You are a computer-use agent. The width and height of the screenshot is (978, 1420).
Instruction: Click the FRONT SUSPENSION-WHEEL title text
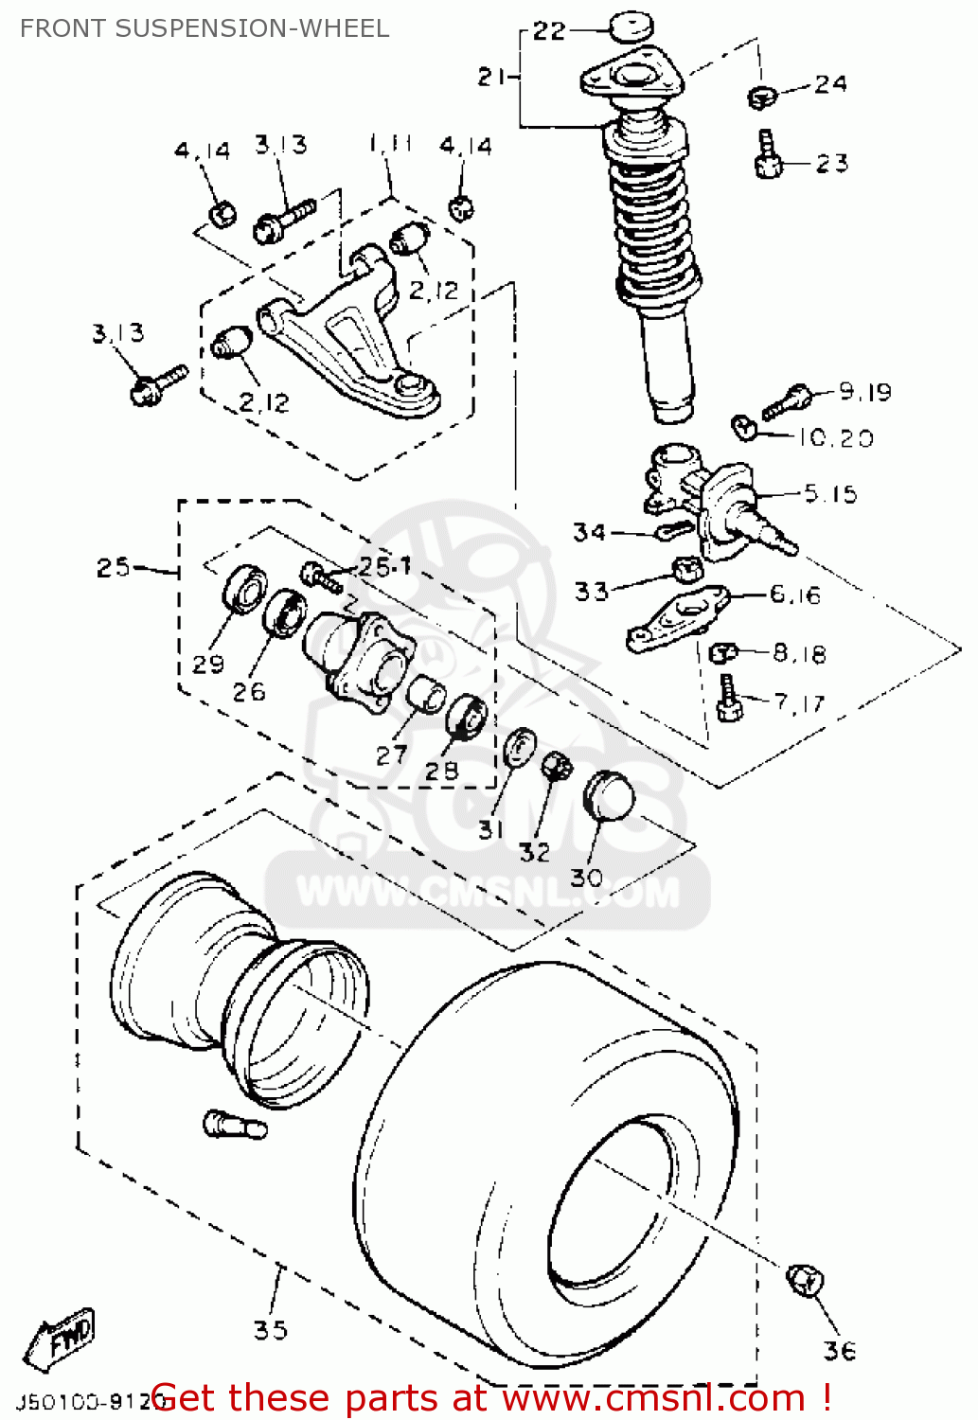coord(204,28)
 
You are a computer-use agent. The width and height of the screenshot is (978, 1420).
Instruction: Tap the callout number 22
coord(549,31)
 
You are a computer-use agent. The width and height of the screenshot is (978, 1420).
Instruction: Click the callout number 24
coord(830,84)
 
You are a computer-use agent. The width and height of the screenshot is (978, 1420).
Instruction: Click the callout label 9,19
coord(864,392)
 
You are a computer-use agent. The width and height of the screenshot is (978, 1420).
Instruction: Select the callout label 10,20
coord(835,437)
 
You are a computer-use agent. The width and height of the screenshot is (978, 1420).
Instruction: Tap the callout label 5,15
coord(829,493)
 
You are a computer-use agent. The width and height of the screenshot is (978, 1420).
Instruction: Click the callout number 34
coord(589,532)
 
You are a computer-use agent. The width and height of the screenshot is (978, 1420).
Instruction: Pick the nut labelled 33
coord(686,570)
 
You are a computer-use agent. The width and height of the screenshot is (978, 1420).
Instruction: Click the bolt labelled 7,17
coord(728,699)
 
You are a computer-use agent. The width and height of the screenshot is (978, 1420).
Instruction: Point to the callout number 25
coord(114,567)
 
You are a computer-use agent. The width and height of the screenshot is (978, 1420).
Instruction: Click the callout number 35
coord(271,1330)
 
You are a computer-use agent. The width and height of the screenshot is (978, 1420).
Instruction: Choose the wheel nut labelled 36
coord(805,1281)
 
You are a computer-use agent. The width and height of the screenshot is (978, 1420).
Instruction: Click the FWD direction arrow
coord(62,1340)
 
